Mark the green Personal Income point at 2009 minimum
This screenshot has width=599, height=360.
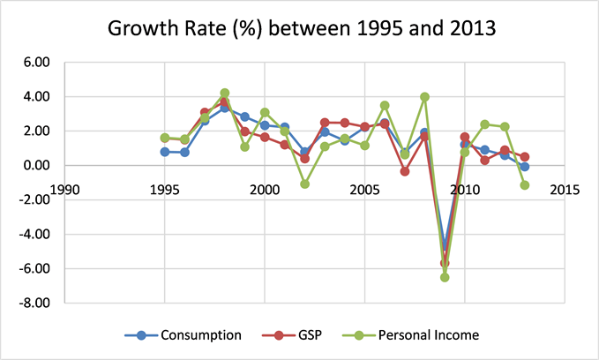click(x=445, y=277)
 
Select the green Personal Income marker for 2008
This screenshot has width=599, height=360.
click(x=424, y=97)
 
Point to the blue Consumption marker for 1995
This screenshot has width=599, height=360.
click(x=165, y=152)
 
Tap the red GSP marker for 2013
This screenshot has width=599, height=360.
click(x=524, y=156)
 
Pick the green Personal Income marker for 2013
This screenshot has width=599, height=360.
click(x=524, y=185)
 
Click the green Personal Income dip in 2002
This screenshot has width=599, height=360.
click(x=304, y=184)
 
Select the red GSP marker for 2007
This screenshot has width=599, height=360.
click(x=404, y=171)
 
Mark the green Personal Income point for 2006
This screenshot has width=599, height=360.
click(x=385, y=105)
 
